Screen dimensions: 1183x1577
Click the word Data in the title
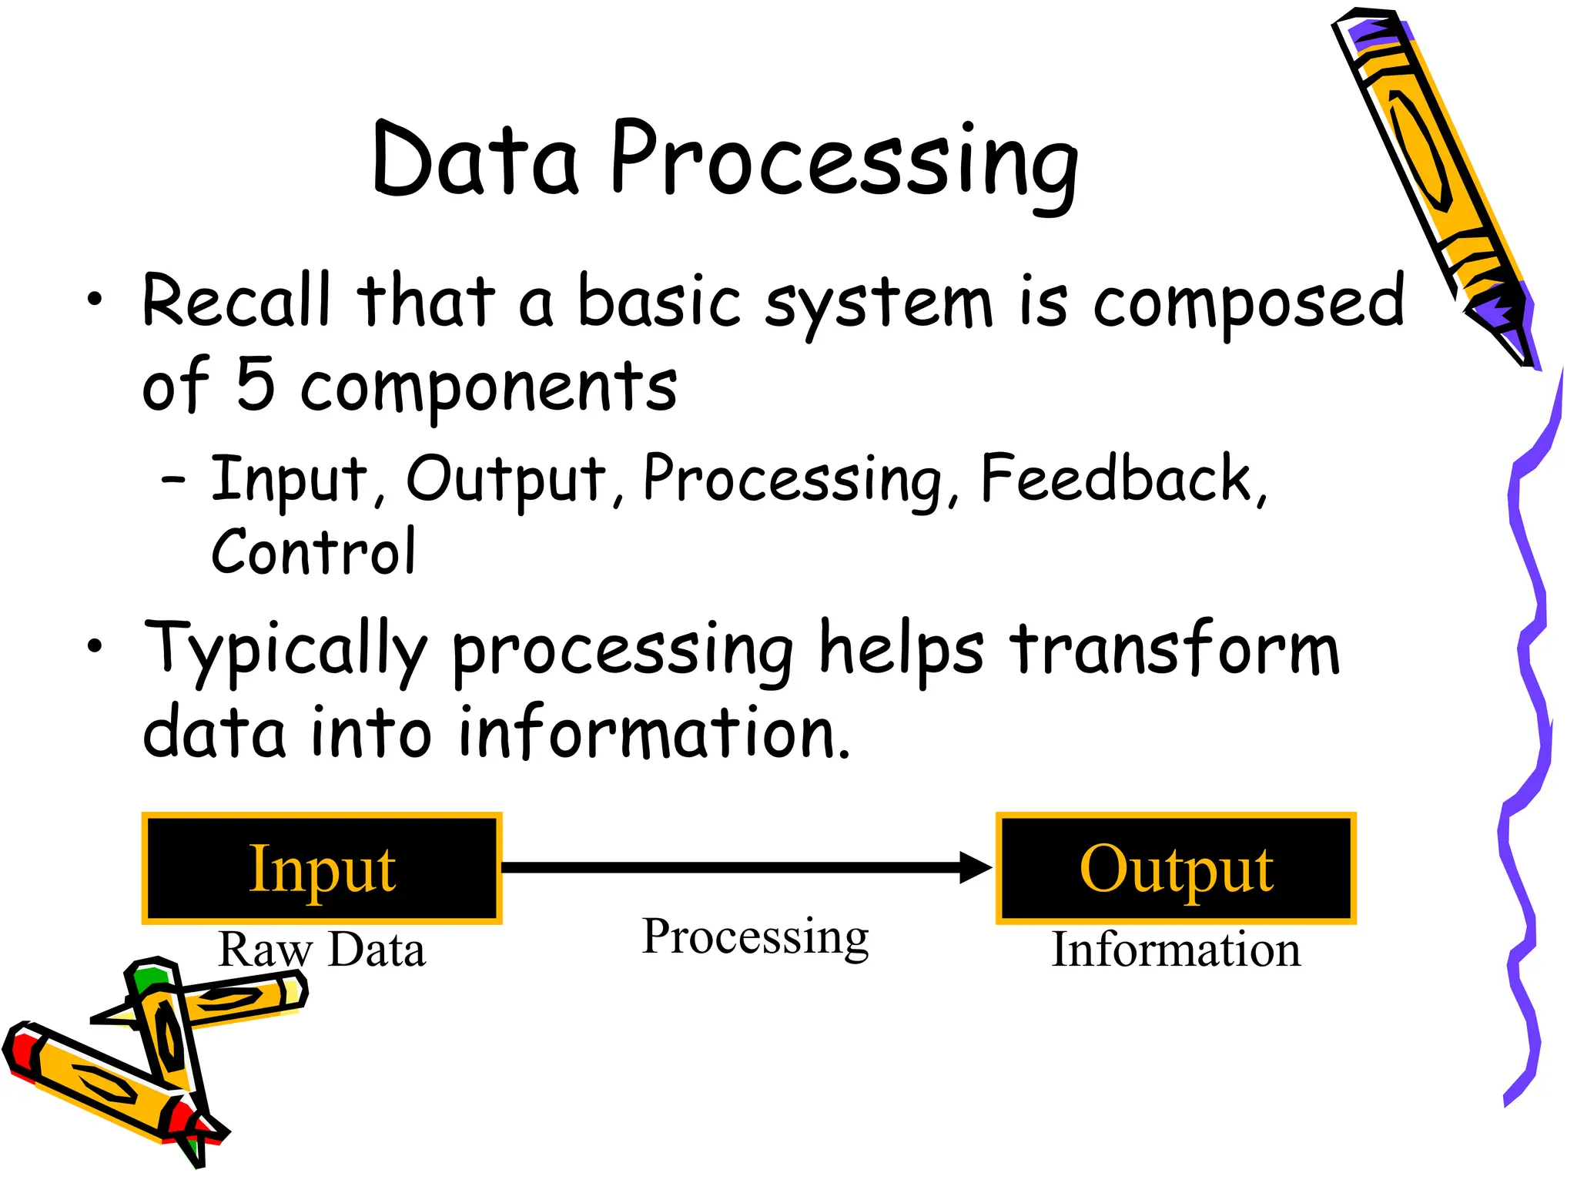475,160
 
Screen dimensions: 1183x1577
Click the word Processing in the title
844,163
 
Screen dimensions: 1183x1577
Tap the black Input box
322,868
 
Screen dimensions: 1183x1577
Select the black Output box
1176,868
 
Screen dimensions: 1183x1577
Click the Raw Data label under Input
322,949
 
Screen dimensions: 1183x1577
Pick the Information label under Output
1176,949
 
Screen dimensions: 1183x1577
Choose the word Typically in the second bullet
285,652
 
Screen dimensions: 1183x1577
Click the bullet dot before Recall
94,300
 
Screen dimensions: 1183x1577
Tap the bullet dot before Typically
94,647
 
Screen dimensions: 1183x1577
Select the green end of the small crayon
148,978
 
